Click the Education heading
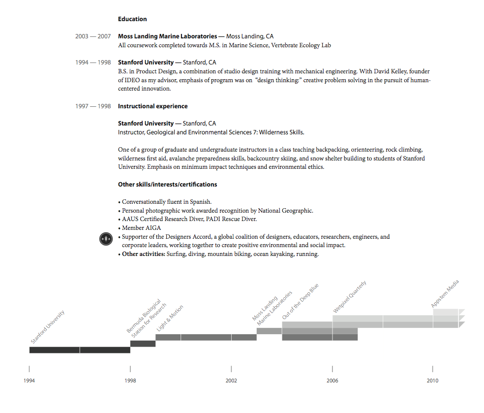[132, 19]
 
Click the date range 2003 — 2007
[93, 36]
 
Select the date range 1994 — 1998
[93, 63]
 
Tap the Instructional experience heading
[152, 106]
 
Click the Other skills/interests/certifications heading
[167, 185]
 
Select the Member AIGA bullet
[141, 228]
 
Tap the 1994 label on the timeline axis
[29, 381]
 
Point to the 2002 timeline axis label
[231, 381]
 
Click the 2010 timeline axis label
[432, 381]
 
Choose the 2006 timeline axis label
[332, 381]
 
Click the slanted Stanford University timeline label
[48, 327]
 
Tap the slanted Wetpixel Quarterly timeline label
[350, 297]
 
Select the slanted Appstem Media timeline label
[445, 294]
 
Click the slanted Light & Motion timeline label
[170, 318]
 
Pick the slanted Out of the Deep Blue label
[300, 302]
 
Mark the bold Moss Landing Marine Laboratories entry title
[167, 36]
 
